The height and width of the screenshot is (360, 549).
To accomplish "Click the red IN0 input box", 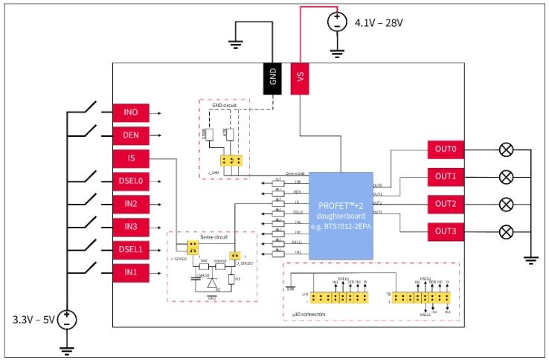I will (131, 113).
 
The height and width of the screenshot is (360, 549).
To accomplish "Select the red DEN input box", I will (131, 135).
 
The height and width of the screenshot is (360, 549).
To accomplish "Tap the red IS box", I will (131, 158).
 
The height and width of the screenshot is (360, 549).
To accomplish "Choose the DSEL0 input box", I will (131, 181).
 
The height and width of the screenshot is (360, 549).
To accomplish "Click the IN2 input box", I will (131, 204).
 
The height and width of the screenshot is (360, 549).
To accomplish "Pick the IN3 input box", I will (131, 226).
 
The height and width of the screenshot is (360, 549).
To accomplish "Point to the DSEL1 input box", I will (131, 249).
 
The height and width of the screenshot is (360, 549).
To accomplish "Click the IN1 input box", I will (131, 272).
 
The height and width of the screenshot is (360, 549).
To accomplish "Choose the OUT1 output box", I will (446, 177).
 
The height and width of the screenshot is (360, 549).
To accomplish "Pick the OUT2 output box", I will (446, 204).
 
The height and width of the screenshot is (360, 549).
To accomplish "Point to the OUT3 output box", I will (446, 231).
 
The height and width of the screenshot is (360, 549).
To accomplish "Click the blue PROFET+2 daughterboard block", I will (341, 216).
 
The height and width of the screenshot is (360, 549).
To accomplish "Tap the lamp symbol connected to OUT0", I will (506, 150).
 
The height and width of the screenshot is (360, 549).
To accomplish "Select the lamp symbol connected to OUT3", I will (506, 231).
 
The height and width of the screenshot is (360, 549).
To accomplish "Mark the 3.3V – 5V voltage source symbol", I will (67, 320).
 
